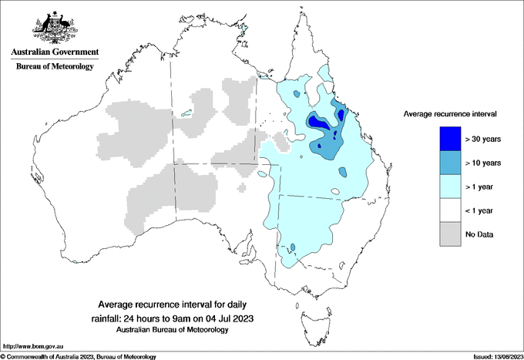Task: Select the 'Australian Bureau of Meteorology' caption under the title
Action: pos(172,330)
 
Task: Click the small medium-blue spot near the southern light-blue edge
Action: pos(293,247)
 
